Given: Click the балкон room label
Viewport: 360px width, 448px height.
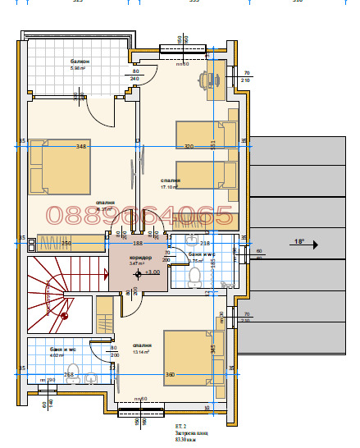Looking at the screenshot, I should (x=80, y=62).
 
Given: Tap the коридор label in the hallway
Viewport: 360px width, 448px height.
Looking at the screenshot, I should (x=140, y=258).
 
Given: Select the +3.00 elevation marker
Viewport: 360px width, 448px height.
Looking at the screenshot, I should (x=152, y=272).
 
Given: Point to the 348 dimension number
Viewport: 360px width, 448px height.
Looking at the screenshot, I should (x=80, y=147).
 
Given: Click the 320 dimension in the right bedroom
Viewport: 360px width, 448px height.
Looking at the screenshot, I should (x=189, y=147).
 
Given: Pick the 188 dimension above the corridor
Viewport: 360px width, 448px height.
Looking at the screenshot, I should (x=139, y=244).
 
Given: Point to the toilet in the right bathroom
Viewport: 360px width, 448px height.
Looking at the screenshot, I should (x=194, y=278).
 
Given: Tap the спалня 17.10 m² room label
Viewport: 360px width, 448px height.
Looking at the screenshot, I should (x=171, y=183).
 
